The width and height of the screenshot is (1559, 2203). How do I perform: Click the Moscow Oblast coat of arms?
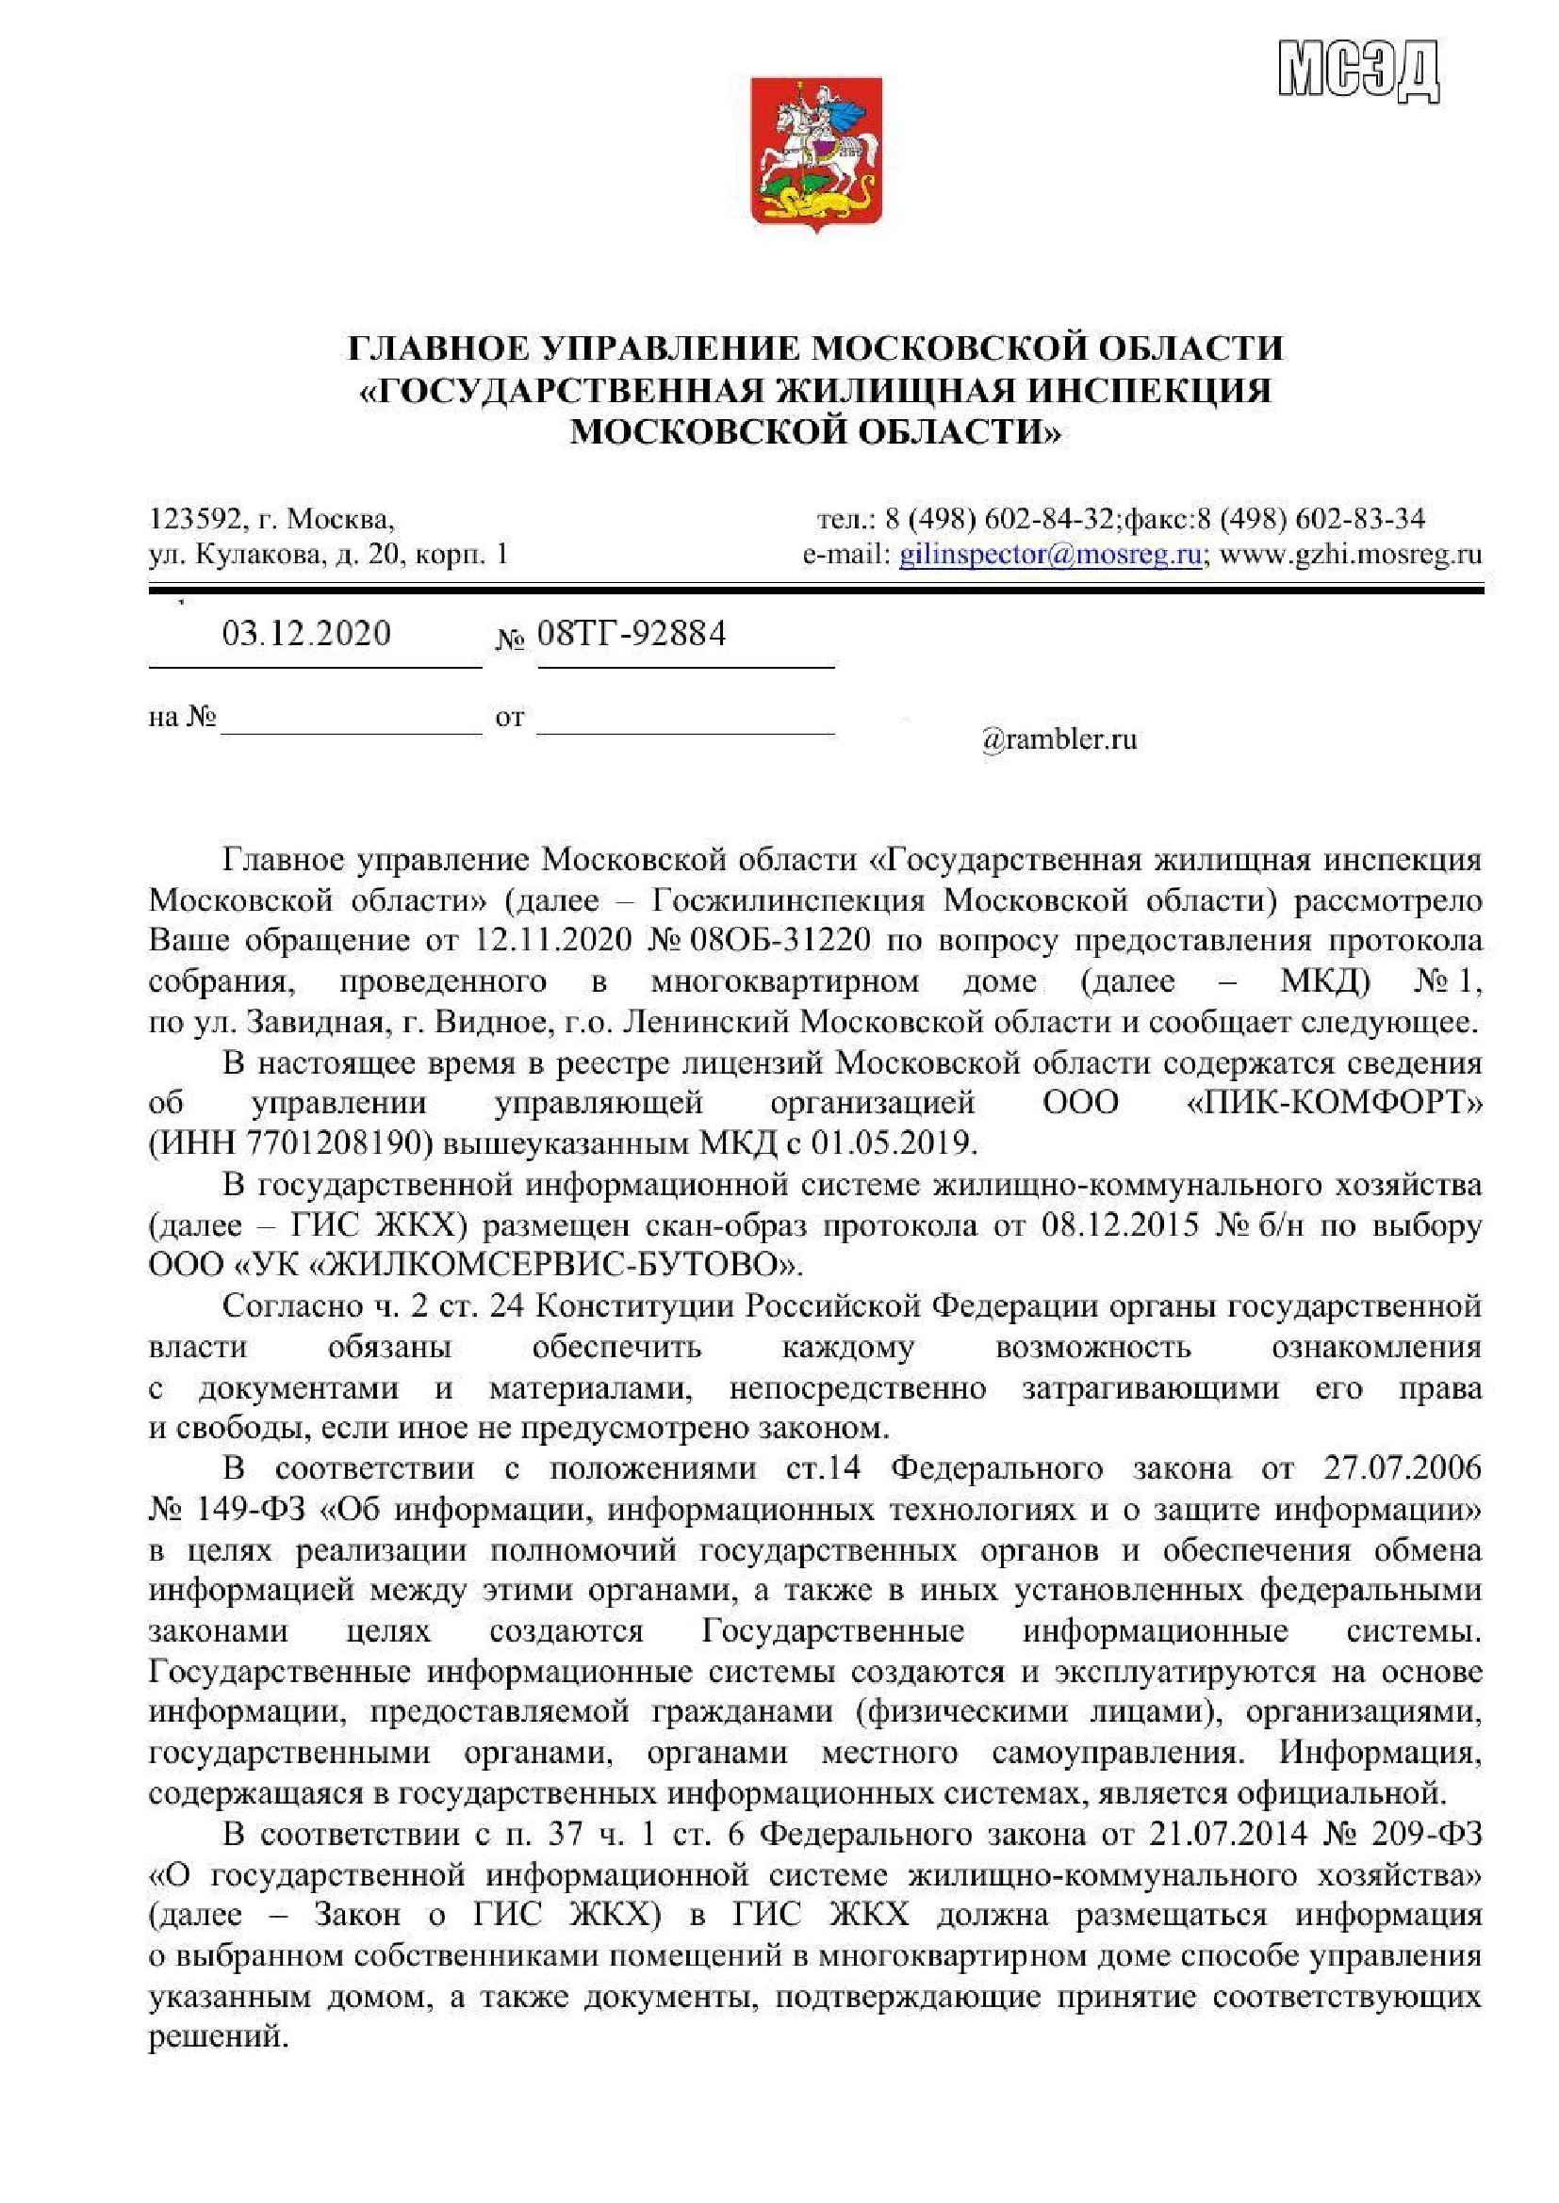(x=815, y=154)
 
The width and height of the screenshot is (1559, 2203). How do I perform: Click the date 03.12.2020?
(x=306, y=634)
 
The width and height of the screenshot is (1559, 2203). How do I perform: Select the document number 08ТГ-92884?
(x=631, y=634)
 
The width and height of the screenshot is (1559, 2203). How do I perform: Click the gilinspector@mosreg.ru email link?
(x=1050, y=555)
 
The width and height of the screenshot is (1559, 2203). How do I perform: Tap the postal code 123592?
(x=196, y=520)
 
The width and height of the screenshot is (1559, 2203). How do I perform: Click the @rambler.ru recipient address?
(x=1058, y=739)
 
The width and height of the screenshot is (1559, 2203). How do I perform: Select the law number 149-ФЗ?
(x=250, y=1510)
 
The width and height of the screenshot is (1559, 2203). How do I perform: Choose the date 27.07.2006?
(x=1402, y=1469)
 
